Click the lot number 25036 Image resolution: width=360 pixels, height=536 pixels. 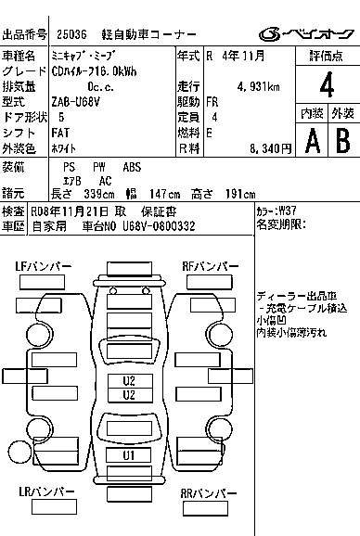point(71,34)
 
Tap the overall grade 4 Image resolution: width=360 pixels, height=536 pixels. point(327,84)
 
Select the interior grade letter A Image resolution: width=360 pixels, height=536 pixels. point(313,141)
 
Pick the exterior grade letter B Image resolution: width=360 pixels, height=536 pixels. point(343,141)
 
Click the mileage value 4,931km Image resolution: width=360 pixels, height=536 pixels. point(258,87)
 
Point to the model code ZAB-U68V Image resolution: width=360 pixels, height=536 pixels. point(76,102)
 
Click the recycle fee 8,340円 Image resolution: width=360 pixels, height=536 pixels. point(270,148)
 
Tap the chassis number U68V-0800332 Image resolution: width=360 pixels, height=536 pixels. point(159,226)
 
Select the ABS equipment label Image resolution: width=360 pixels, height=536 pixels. point(132,167)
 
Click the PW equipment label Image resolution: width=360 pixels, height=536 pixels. point(99,167)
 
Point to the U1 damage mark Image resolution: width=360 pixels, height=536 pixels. point(129,455)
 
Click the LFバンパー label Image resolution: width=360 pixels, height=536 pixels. point(44,266)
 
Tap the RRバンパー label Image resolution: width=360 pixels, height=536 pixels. point(209,493)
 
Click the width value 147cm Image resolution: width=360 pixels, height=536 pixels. point(165,194)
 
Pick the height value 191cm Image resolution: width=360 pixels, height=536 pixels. point(240,194)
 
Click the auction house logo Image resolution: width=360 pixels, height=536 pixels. point(306,34)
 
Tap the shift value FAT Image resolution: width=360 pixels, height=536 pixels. point(60,133)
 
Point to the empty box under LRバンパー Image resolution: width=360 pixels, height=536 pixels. point(54,506)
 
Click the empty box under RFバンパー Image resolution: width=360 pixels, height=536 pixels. point(210,282)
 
